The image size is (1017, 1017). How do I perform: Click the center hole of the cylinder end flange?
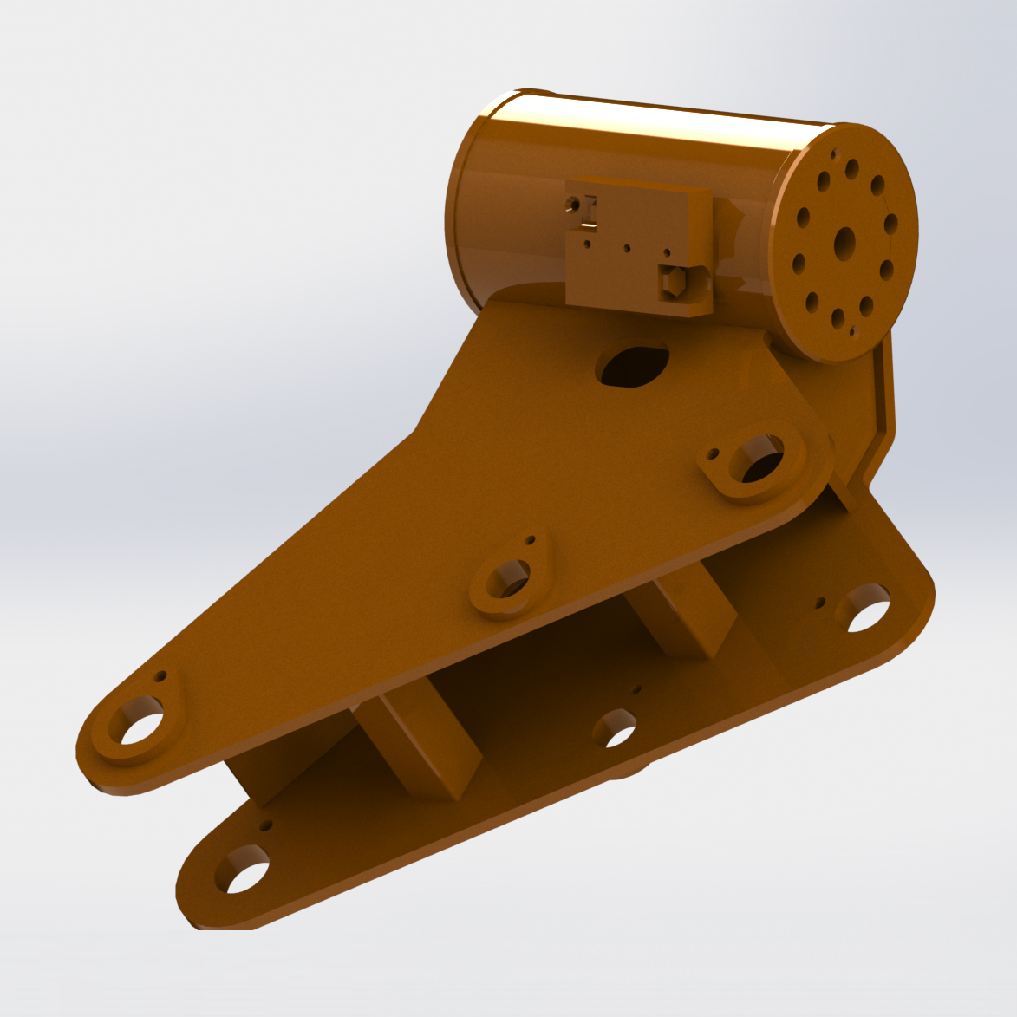pos(844,244)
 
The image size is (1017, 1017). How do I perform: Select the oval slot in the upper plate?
pos(633,366)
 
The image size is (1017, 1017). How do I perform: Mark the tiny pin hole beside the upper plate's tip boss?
pos(160,675)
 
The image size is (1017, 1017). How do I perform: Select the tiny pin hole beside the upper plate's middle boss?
pos(530,540)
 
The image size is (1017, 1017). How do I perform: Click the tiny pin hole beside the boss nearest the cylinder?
pos(714,453)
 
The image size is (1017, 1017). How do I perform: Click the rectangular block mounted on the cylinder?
pos(637,247)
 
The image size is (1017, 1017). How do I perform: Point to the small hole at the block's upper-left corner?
pos(573,204)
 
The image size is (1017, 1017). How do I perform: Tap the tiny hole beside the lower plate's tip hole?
pos(265,825)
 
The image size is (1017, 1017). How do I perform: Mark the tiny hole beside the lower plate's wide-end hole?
pos(821,601)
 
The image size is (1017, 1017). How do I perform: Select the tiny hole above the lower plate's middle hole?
pos(637,689)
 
